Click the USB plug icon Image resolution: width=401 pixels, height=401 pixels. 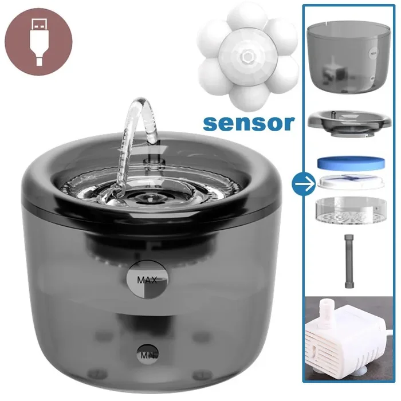pos(38,42)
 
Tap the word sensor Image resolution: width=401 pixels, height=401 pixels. pos(249,123)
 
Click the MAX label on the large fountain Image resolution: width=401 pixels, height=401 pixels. pos(147,280)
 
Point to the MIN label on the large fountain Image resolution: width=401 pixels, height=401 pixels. pos(147,355)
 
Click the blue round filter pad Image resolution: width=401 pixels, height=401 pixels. pos(351,163)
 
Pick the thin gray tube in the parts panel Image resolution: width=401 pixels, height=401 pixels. pos(348,261)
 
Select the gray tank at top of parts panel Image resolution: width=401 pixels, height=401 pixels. pos(348,57)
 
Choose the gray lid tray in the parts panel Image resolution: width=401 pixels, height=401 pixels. pos(349,123)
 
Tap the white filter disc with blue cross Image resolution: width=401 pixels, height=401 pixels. pos(351,182)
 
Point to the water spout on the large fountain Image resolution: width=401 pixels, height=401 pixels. pos(153,162)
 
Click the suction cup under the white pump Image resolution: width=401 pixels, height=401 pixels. pos(346,375)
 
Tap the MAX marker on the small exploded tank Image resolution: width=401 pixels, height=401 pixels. pos(373,54)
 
